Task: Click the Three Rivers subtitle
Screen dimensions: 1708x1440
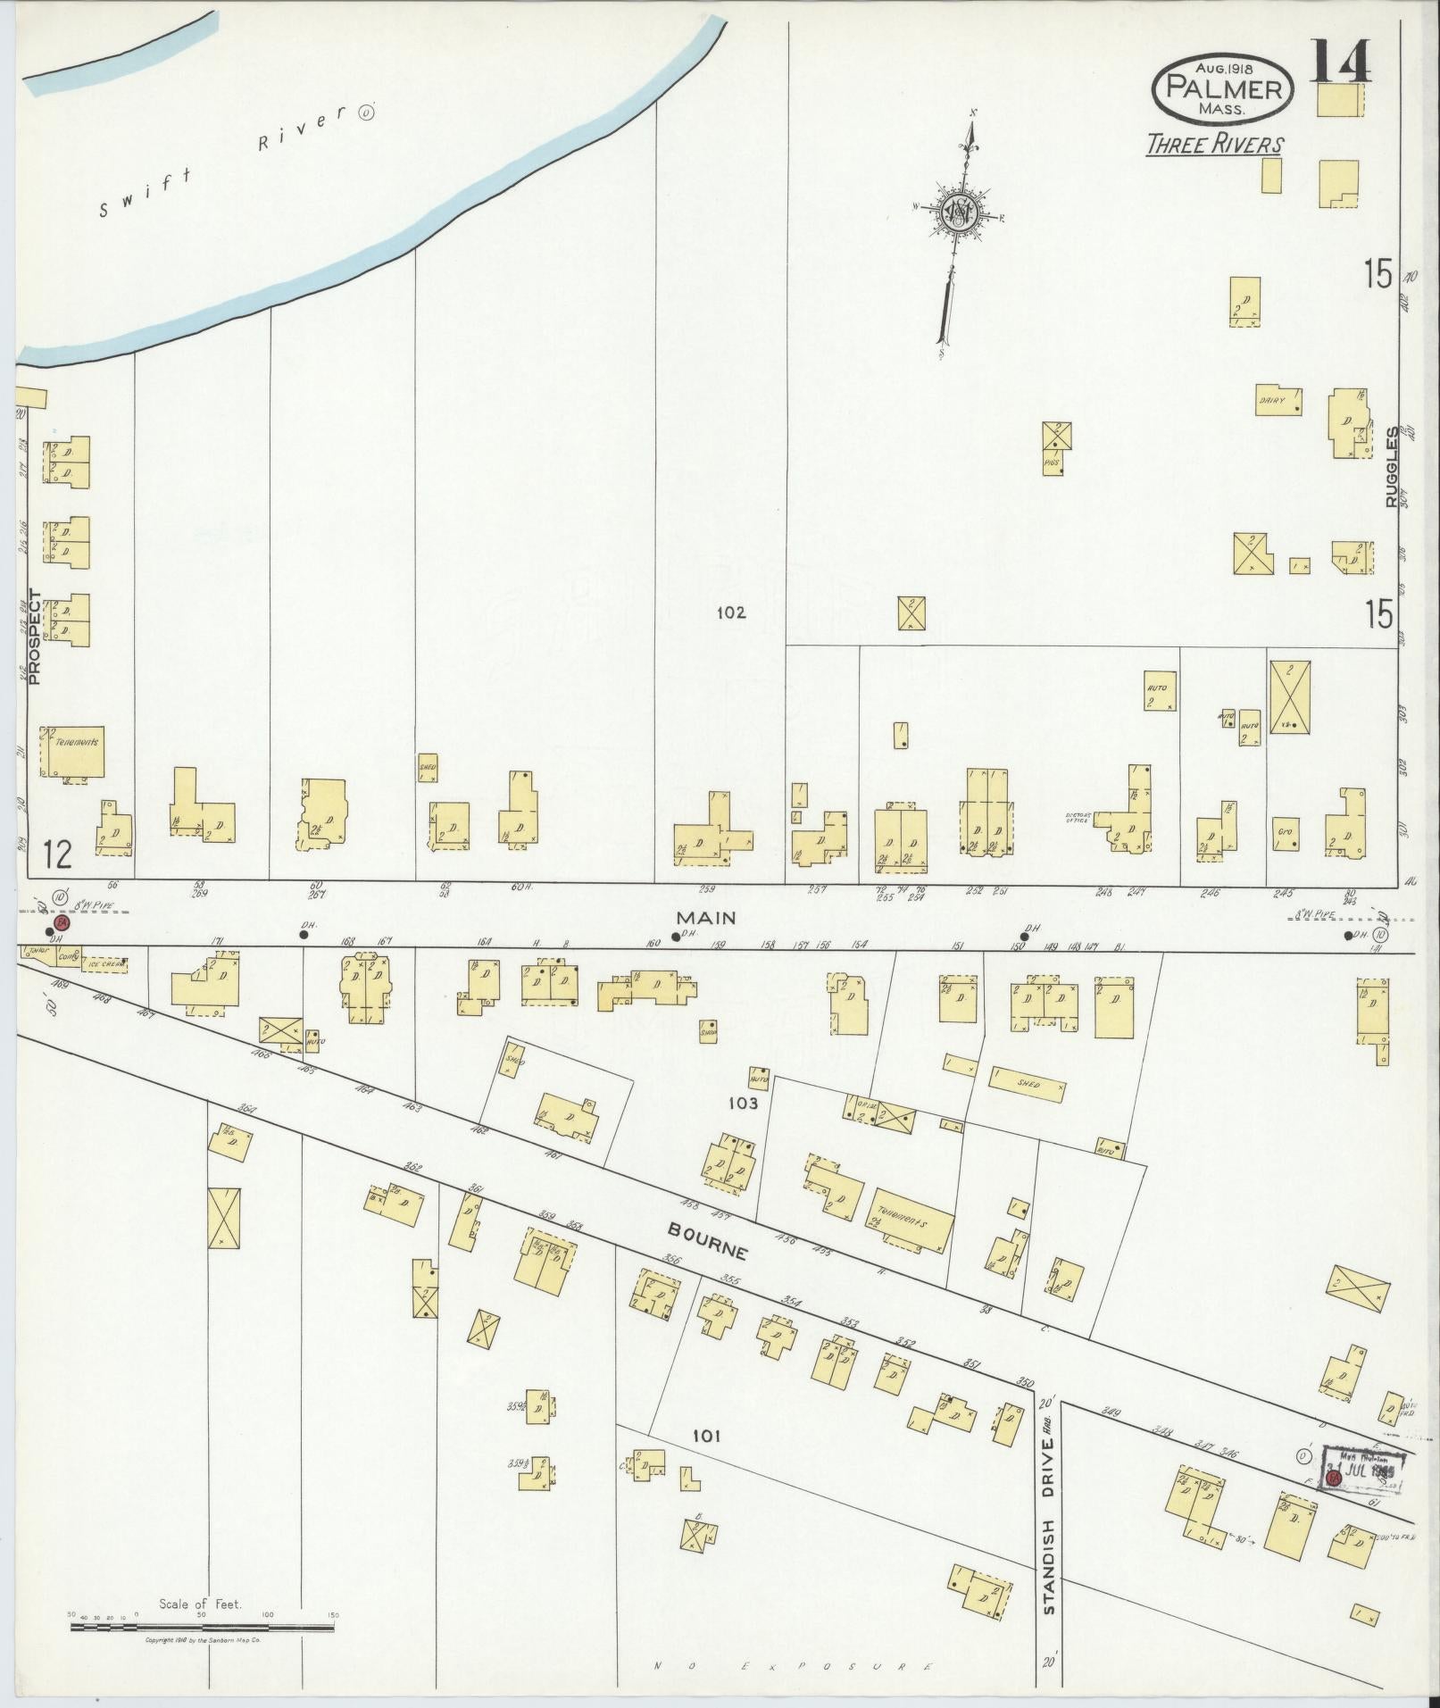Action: coord(1215,145)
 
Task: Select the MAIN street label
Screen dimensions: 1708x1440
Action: coord(704,917)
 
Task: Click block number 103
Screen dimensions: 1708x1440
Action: coord(742,1104)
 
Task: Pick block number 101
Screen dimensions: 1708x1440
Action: coord(705,1437)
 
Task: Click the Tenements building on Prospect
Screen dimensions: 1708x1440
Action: coord(75,751)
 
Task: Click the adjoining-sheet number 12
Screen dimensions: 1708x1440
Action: coord(56,855)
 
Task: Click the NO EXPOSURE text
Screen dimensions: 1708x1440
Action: coord(793,1666)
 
